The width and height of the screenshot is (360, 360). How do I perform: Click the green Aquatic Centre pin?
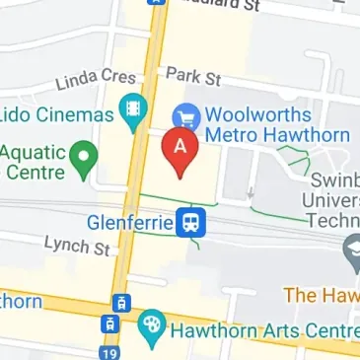86,156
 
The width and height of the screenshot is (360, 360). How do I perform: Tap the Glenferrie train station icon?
191,222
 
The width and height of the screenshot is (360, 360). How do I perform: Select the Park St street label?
193,75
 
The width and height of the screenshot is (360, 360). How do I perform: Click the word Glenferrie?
129,221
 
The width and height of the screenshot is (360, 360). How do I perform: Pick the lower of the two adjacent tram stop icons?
109,324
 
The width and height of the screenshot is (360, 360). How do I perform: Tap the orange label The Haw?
320,294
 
